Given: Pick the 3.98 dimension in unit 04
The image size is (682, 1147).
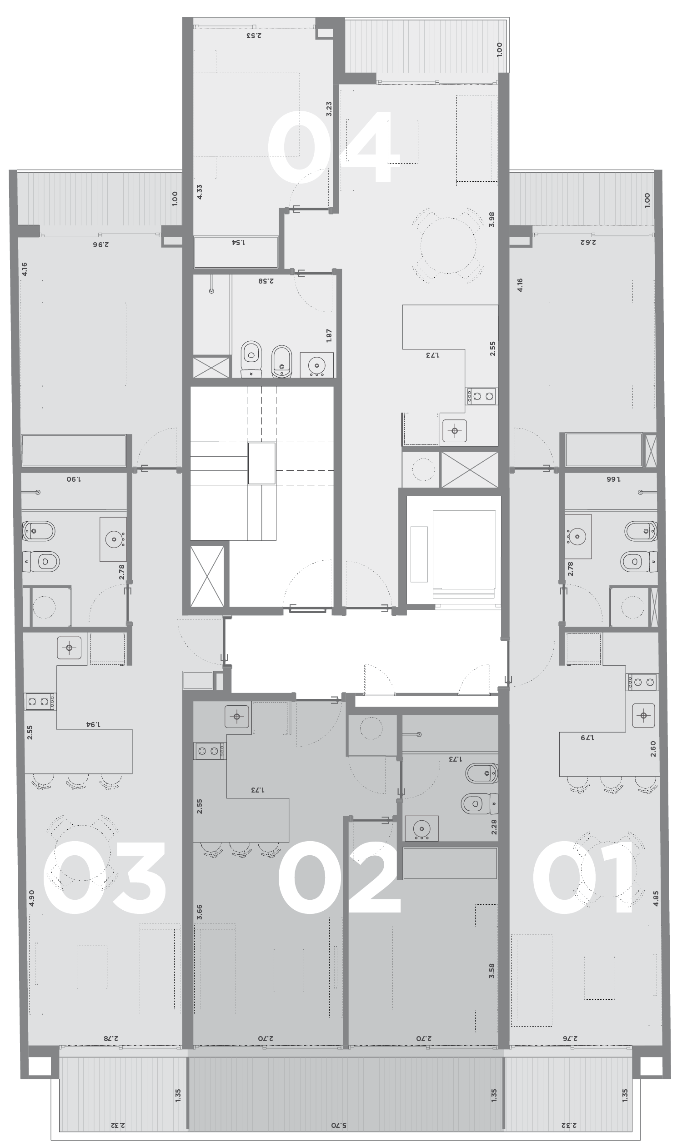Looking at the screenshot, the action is (492, 219).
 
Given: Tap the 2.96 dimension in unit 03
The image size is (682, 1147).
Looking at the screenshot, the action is (101, 244).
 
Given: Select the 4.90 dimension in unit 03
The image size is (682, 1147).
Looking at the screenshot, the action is (31, 898).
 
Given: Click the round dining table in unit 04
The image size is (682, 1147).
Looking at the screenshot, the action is (448, 245).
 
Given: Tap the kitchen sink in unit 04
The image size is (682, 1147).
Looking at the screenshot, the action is (455, 430).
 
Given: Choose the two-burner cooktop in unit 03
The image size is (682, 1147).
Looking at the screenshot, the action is (40, 702).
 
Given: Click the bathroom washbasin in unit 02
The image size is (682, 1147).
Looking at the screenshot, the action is (421, 829).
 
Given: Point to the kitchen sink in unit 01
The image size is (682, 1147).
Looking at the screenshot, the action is (643, 715).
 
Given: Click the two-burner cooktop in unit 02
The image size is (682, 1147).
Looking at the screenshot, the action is (210, 751).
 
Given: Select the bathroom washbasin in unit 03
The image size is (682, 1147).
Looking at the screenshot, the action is (113, 539).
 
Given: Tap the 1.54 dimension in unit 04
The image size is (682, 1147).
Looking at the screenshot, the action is (237, 242).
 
